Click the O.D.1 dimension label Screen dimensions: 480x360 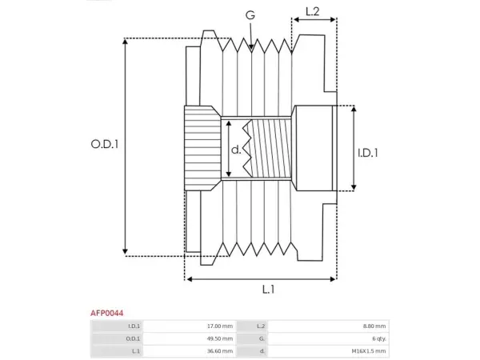[x=104, y=144]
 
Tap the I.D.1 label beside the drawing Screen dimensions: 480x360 [x=368, y=153]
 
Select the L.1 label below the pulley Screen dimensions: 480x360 [x=269, y=290]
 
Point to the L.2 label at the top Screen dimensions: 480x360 [x=312, y=12]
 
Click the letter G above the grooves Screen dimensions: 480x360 [x=250, y=15]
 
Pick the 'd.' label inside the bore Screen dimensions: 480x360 [x=236, y=150]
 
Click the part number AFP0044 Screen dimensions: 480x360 [x=107, y=313]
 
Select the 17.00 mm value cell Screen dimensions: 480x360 [x=220, y=326]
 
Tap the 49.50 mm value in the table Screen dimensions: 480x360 [x=220, y=338]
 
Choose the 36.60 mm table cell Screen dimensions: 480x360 [x=220, y=351]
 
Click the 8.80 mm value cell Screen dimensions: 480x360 [x=374, y=326]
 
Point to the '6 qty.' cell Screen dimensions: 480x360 [x=379, y=339]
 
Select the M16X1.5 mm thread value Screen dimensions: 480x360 [x=369, y=351]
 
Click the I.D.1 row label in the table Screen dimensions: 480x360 [x=134, y=326]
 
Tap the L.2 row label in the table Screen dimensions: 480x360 [x=261, y=326]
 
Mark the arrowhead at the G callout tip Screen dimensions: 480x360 [x=251, y=47]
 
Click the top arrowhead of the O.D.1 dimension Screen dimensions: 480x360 [x=125, y=42]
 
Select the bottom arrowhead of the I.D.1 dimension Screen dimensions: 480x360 [x=354, y=186]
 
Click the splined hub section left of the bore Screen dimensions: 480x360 [x=202, y=148]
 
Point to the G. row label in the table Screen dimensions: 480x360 [x=262, y=338]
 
